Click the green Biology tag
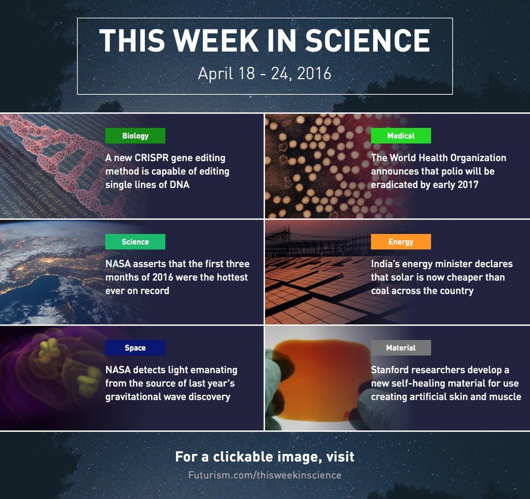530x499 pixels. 135,136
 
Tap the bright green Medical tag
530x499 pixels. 401,136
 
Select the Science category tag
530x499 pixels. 135,242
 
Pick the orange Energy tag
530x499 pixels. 401,242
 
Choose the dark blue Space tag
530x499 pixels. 135,347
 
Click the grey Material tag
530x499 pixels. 401,347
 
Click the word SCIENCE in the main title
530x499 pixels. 367,40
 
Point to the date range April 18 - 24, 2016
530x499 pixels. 264,74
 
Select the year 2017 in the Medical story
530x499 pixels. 468,185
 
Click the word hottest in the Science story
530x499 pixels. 232,277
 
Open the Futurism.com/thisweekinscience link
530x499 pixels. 264,475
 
